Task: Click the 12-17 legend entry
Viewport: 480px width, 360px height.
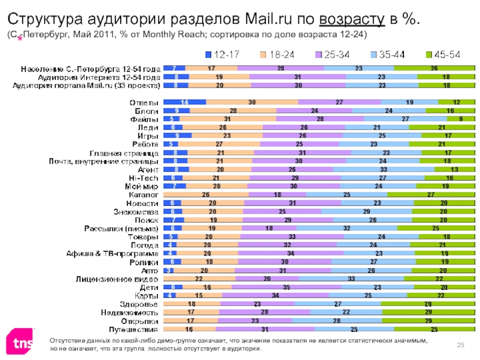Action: [221, 55]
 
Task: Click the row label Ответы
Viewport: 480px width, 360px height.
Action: [145, 103]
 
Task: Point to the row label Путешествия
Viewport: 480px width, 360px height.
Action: [133, 329]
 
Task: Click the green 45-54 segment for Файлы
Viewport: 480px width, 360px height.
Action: [460, 119]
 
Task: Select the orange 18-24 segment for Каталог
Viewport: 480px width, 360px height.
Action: [206, 195]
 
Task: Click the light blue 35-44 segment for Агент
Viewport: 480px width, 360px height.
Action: [383, 170]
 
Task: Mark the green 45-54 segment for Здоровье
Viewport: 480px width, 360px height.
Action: [428, 304]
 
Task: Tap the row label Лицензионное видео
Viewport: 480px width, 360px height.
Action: [117, 279]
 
